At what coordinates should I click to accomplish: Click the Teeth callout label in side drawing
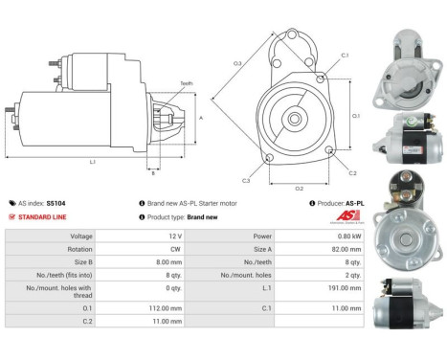coord(187,84)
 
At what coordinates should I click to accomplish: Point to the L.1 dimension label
coord(92,162)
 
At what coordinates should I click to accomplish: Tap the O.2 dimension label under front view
coord(298,188)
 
